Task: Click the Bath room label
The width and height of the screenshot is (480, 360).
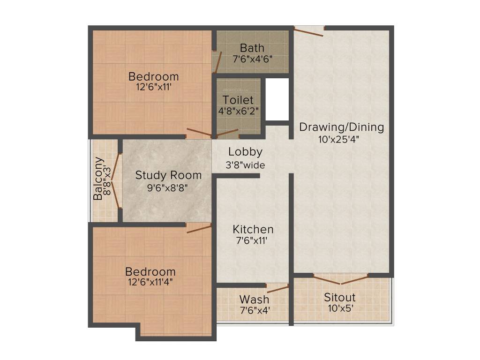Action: pos(252,48)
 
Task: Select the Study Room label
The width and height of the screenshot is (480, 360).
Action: pos(168,175)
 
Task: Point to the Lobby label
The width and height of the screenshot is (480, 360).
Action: pos(245,152)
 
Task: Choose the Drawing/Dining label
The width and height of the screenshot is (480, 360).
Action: pos(341,127)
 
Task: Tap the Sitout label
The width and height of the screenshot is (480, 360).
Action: pos(340,297)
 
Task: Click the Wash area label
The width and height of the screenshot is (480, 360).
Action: pos(254,299)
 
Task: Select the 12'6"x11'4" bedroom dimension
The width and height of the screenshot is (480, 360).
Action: pos(150,283)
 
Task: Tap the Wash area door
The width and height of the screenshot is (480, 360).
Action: pos(277,288)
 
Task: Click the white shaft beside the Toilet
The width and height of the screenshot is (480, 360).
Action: pos(277,99)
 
